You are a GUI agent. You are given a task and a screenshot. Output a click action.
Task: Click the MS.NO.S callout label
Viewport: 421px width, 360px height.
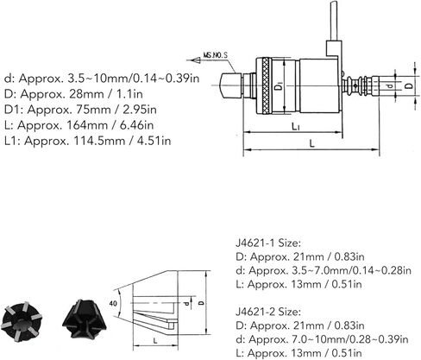pyautogui.click(x=216, y=54)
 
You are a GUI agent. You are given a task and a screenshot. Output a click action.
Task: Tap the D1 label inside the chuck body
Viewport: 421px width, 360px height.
pyautogui.click(x=279, y=86)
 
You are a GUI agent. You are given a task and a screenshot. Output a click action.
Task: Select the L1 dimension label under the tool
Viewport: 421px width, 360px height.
pyautogui.click(x=296, y=126)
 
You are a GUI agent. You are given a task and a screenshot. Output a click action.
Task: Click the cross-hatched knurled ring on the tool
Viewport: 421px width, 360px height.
pyautogui.click(x=267, y=86)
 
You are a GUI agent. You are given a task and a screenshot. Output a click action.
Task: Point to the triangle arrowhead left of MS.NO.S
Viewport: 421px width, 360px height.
pyautogui.click(x=196, y=60)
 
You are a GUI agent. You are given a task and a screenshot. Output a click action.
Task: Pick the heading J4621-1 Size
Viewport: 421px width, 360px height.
pyautogui.click(x=268, y=243)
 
